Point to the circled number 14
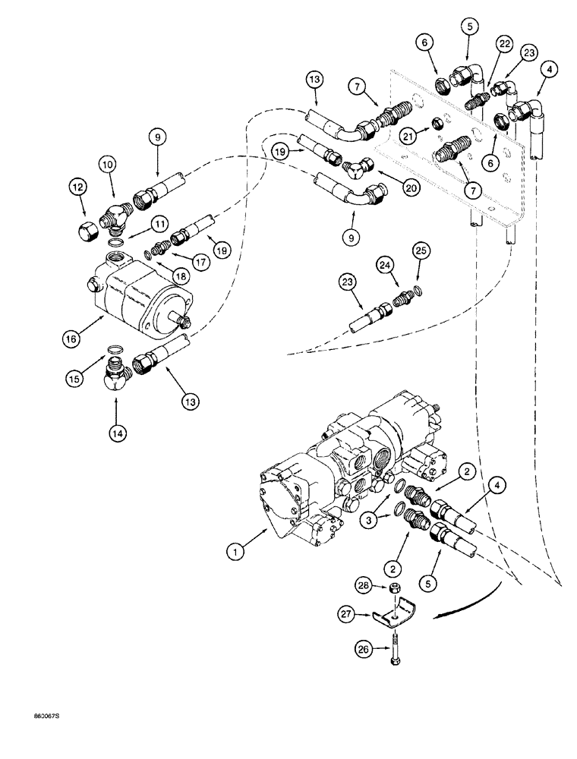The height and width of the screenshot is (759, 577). point(116,433)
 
